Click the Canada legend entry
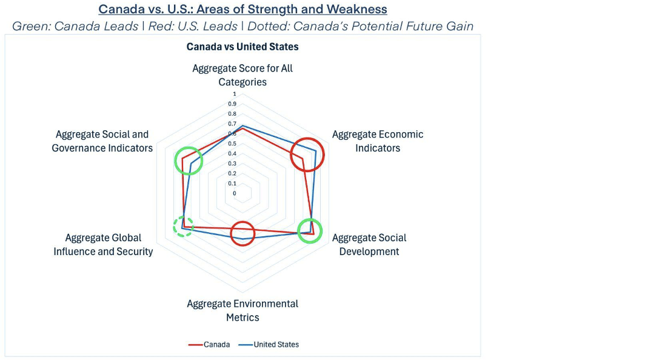[209, 344]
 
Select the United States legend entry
[269, 344]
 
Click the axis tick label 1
[235, 94]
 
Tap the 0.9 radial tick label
[232, 104]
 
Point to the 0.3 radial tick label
[232, 163]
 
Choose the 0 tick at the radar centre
[235, 193]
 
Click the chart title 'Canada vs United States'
[242, 47]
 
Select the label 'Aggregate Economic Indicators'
[378, 141]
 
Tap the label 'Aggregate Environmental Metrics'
[242, 310]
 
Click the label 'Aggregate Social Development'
[369, 244]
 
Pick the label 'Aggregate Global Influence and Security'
[103, 244]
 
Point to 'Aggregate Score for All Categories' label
[242, 75]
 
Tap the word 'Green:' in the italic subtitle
[32, 26]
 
